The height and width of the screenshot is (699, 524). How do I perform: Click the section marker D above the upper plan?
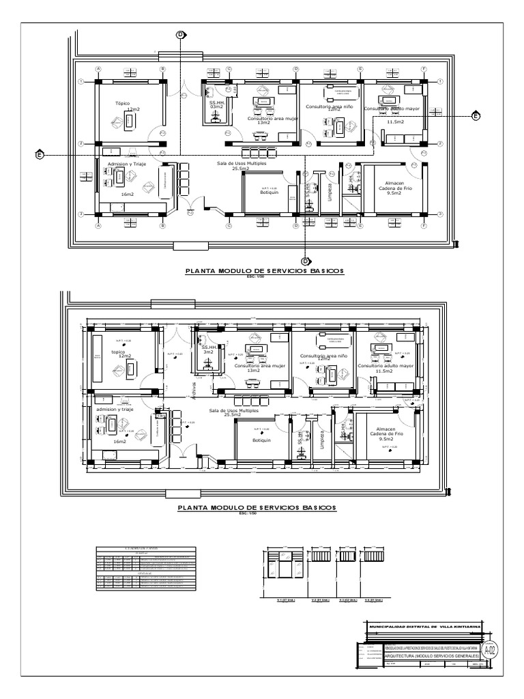point(181,34)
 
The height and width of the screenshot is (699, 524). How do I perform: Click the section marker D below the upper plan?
point(306,261)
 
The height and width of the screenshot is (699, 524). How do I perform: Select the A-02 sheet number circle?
point(489,648)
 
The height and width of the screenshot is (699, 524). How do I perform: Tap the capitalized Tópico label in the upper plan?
point(122,104)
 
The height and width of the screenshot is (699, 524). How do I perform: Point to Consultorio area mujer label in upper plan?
point(274,117)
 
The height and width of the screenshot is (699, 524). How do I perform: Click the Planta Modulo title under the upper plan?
point(265,271)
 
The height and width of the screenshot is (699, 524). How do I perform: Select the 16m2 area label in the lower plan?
point(120,442)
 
